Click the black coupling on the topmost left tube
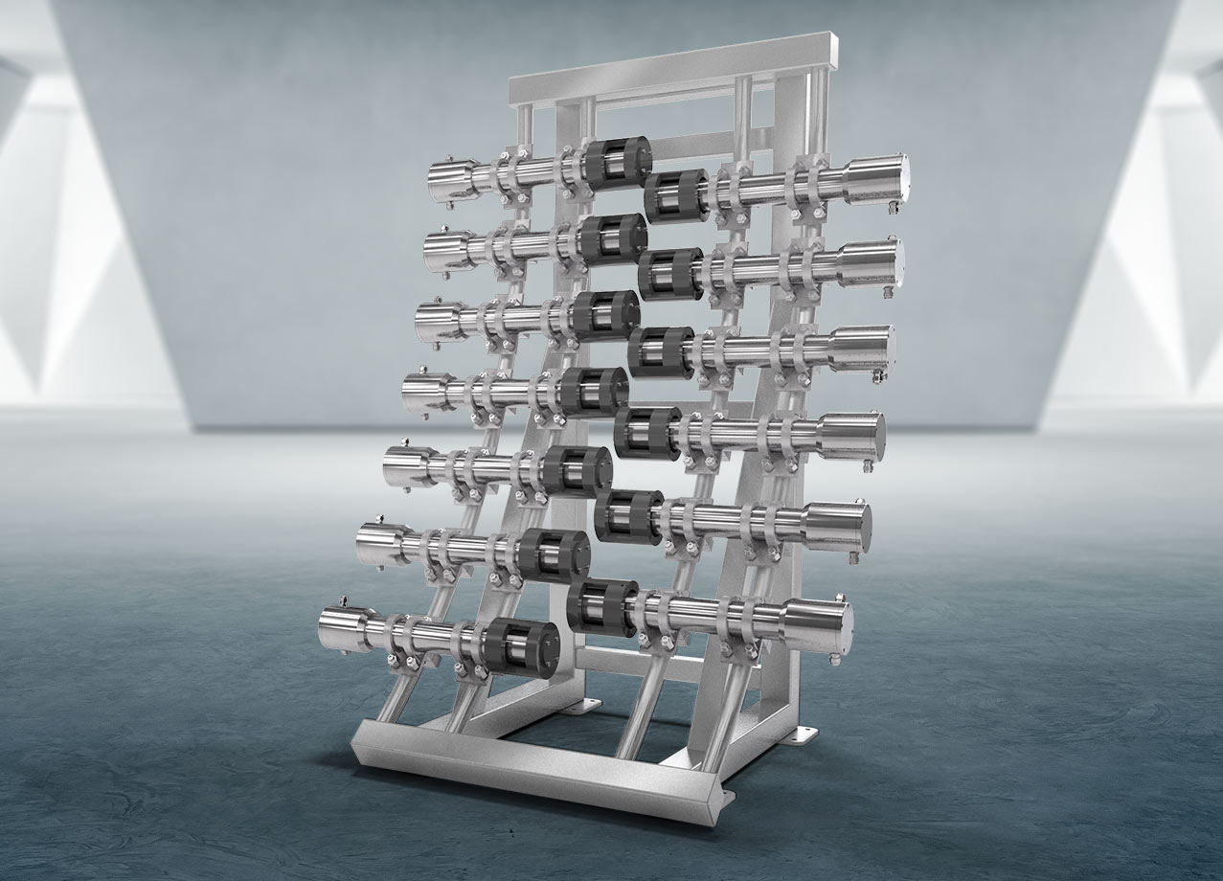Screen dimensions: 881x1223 coord(617,162)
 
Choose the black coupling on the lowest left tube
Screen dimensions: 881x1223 coord(521,647)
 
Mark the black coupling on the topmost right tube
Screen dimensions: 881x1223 coord(676,195)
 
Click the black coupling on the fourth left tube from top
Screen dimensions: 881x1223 coord(594,392)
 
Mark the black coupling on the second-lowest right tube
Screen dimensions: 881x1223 coord(628,516)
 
